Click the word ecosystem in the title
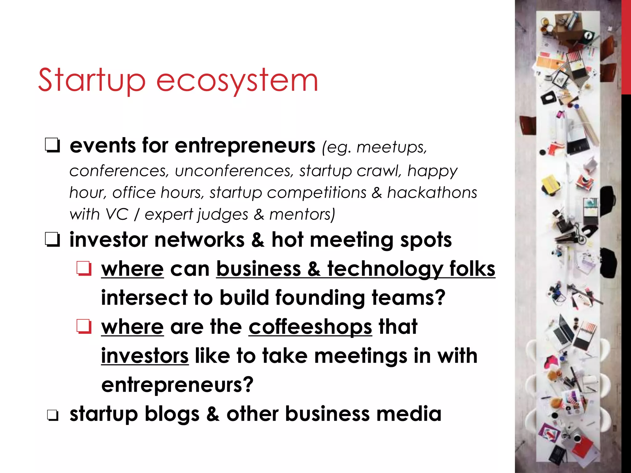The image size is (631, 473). (237, 81)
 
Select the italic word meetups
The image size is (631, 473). (392, 148)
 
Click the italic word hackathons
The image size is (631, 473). (432, 193)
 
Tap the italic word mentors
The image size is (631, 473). (302, 214)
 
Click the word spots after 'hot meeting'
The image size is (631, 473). (426, 240)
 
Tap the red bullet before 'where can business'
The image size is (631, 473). (84, 269)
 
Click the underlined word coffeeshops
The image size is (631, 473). (310, 327)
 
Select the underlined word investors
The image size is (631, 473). (145, 356)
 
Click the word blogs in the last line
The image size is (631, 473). (172, 414)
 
